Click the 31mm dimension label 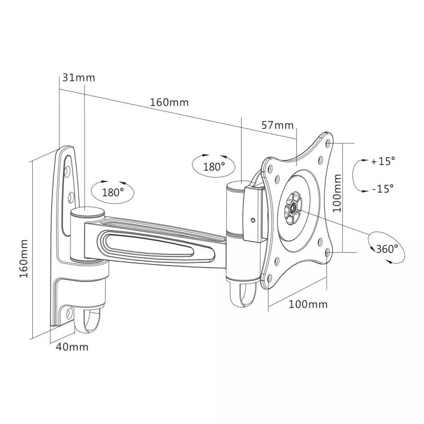tap(79, 77)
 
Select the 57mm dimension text tap(277, 125)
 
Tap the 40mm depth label tap(73, 347)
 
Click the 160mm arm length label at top tap(169, 102)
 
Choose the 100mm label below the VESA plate tap(308, 304)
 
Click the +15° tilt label tap(383, 161)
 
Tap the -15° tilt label tap(383, 188)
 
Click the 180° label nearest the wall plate tap(112, 192)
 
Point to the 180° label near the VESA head tap(214, 166)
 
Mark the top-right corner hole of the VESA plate tap(329, 143)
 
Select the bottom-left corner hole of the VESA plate tap(268, 278)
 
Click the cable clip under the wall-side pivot tap(90, 321)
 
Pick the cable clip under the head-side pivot tap(243, 296)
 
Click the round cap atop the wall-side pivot tap(88, 213)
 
